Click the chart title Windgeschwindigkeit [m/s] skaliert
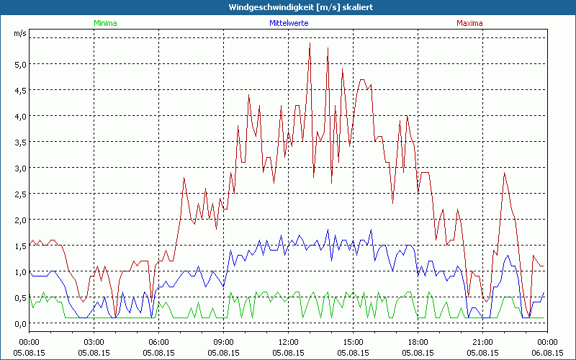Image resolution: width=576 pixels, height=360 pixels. pos(288,7)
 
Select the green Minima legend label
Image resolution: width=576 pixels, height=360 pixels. pos(105,23)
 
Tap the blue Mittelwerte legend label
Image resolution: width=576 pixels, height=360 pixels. pos(289,23)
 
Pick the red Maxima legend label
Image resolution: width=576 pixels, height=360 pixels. pos(470,23)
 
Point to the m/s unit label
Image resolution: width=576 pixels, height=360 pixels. pos(19,34)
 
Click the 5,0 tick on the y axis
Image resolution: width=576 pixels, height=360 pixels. pos(20,64)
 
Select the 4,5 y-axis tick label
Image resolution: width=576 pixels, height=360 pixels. pos(20,90)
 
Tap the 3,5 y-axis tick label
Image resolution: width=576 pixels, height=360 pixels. pos(20,142)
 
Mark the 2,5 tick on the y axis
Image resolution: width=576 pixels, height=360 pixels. pos(20,194)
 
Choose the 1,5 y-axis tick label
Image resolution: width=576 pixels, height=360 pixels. pos(20,246)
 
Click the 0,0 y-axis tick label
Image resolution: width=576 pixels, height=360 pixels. pos(20,323)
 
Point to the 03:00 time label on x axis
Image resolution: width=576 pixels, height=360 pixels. pos(94,342)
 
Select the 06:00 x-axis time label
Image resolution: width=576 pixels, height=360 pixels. pos(159,342)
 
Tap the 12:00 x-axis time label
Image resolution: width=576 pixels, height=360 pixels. pos(289,342)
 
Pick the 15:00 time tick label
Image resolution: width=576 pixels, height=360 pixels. pos(354,342)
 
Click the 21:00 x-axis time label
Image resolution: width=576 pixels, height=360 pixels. pos(483,342)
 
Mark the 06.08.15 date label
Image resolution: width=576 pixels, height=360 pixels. pos(547,352)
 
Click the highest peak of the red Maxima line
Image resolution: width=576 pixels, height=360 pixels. pos(310,43)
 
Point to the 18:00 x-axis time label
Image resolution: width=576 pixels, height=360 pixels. pos(418,342)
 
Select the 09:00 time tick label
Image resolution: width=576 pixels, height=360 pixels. pos(224,342)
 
